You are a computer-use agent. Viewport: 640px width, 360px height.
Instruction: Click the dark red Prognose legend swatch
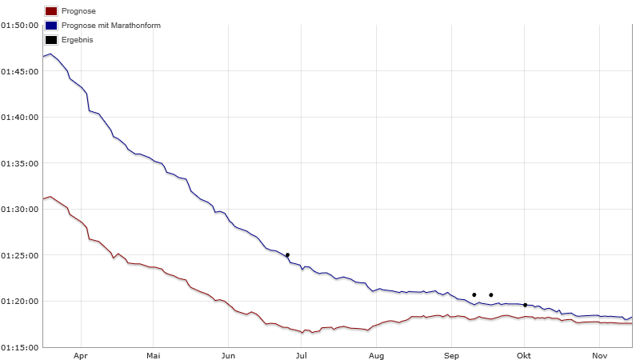pos(51,12)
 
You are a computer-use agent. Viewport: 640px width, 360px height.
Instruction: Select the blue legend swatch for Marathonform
pos(51,26)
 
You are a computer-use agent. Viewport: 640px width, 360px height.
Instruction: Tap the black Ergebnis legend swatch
pos(51,40)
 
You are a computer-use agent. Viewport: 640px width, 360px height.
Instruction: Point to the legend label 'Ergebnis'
pos(77,40)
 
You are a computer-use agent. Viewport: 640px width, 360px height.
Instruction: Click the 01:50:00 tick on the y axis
pos(20,25)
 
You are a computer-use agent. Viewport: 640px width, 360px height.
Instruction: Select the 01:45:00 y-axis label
pos(20,71)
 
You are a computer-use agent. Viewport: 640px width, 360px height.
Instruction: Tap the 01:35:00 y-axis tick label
pos(20,163)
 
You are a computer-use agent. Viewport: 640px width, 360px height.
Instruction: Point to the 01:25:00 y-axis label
pos(20,255)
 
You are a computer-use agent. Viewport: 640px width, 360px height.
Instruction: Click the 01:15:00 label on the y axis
pos(20,347)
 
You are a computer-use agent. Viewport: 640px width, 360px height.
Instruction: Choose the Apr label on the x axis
pos(80,354)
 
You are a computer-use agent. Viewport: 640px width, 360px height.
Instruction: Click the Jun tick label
pos(228,354)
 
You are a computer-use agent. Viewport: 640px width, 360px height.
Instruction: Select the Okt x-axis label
pos(525,354)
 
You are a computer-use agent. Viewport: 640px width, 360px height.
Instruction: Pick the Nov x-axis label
pos(599,354)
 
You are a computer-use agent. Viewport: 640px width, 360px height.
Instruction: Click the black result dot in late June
pos(287,255)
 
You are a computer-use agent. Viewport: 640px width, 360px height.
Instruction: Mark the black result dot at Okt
pos(525,305)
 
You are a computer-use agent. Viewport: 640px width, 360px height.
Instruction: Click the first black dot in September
pos(474,295)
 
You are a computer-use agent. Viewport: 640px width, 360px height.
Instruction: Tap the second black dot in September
pos(491,295)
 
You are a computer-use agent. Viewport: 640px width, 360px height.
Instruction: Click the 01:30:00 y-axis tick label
pos(20,210)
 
